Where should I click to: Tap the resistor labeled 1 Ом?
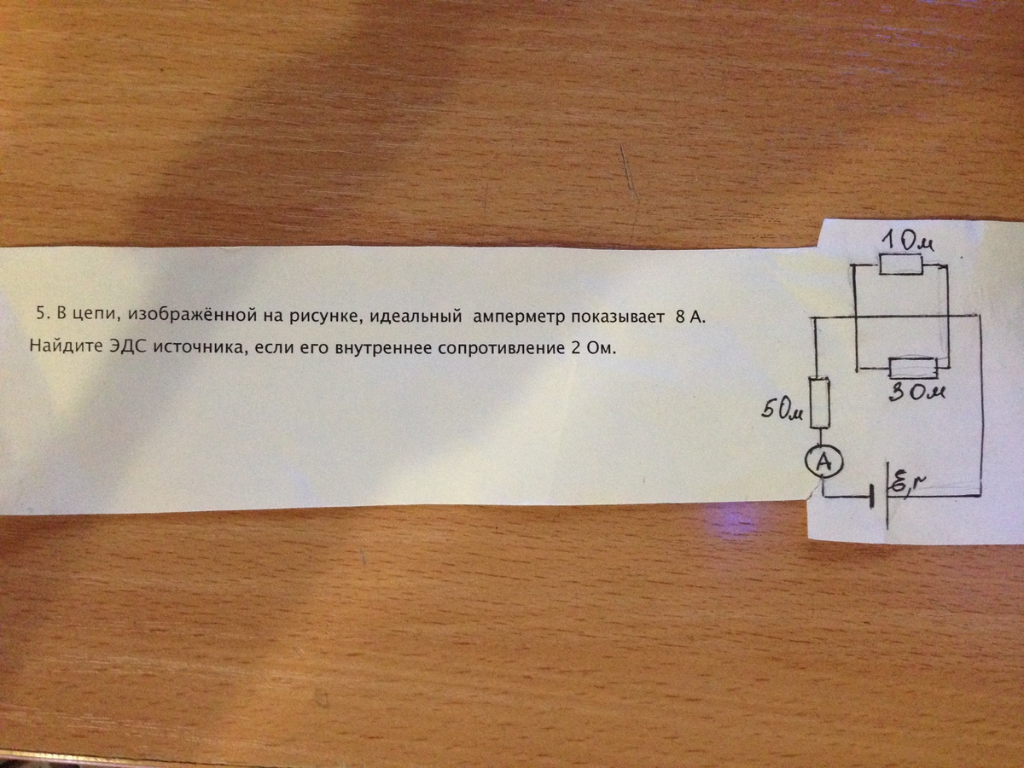click(x=900, y=265)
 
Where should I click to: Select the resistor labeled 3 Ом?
click(x=912, y=369)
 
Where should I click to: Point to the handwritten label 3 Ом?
click(x=916, y=393)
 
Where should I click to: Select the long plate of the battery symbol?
click(x=887, y=496)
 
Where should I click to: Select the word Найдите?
click(x=67, y=347)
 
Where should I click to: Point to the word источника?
click(x=202, y=348)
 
